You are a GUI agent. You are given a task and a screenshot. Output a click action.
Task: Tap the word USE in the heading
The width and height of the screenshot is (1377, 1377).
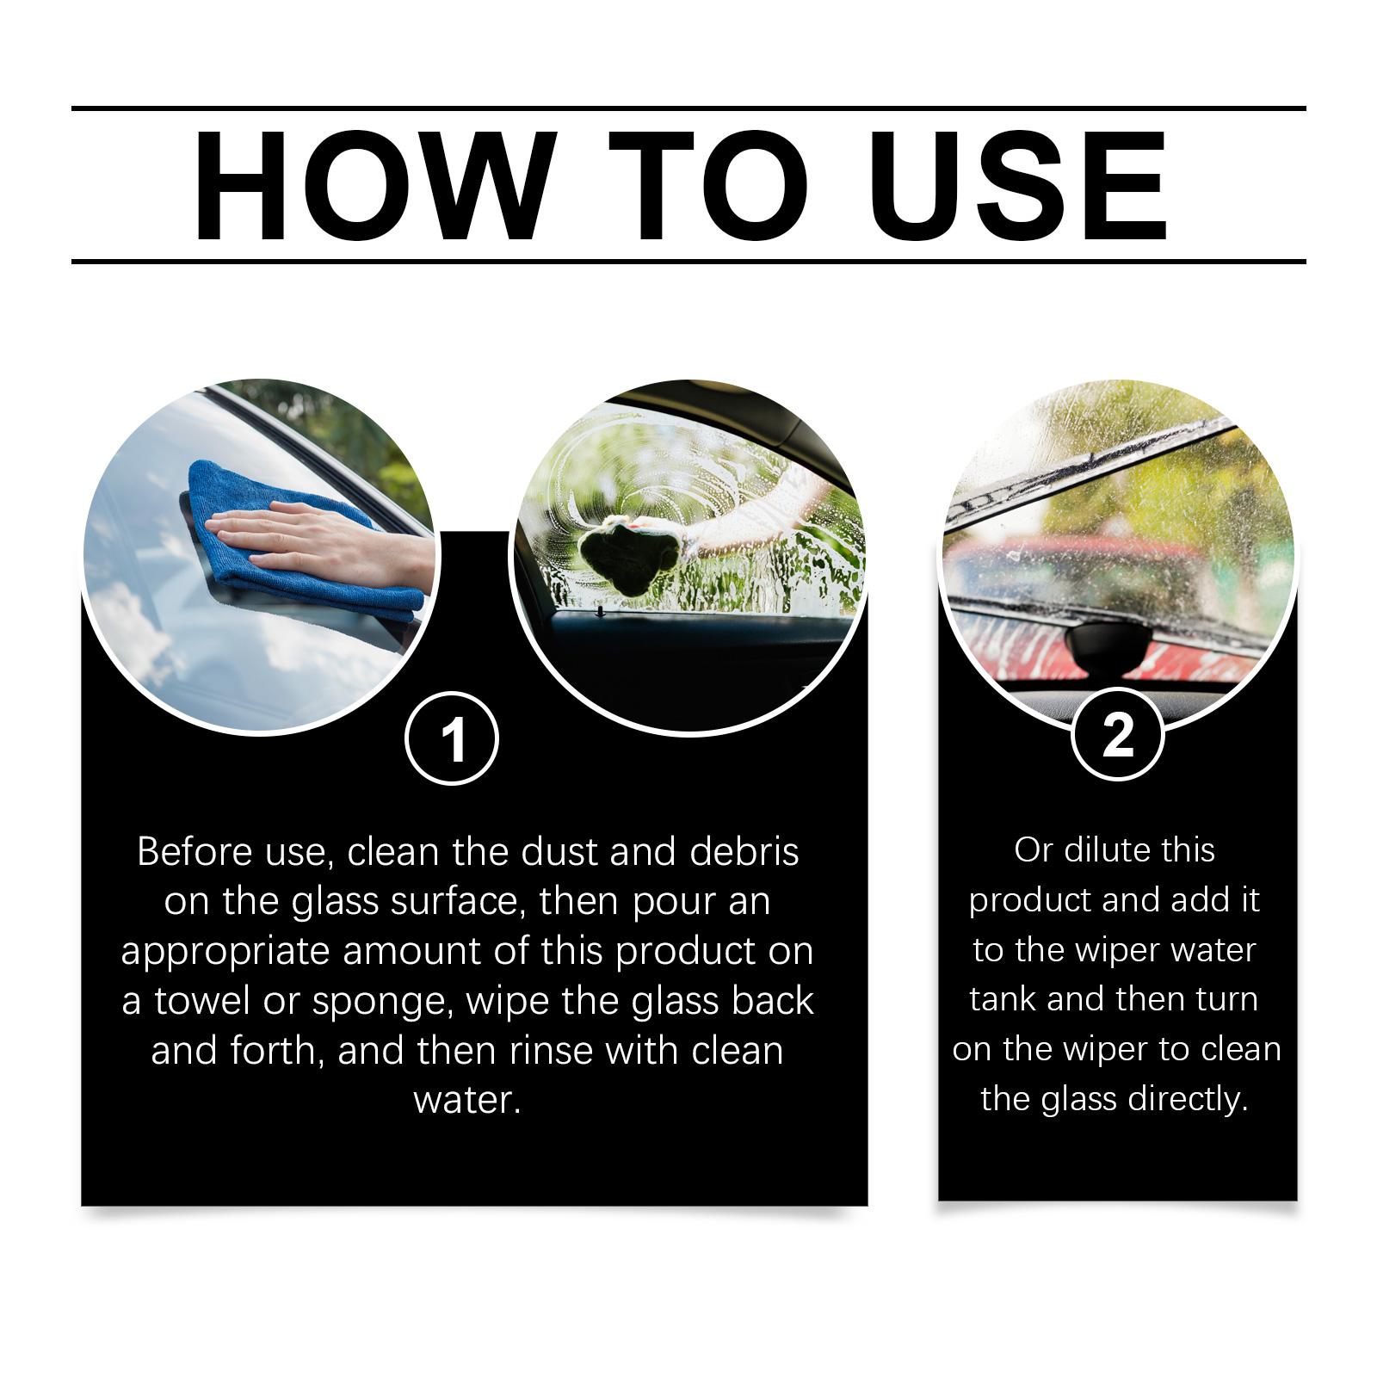(1022, 185)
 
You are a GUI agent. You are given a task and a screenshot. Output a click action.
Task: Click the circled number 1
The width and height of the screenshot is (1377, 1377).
(452, 738)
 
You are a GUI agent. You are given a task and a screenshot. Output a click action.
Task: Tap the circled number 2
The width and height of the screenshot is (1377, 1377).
(1117, 736)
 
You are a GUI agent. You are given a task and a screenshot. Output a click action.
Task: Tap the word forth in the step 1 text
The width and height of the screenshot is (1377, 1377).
(278, 1051)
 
